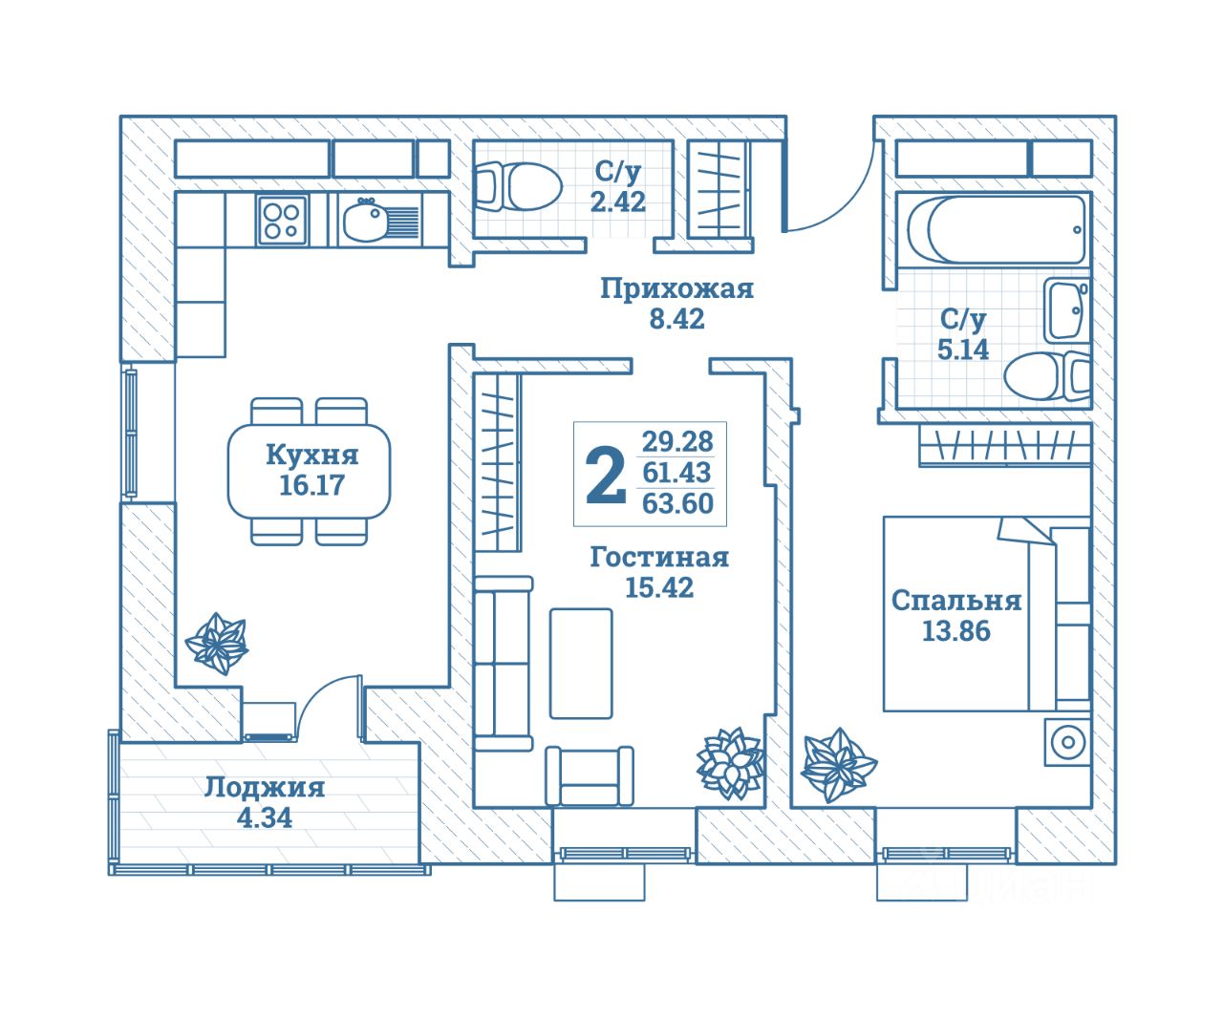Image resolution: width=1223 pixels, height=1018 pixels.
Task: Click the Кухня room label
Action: coord(311,454)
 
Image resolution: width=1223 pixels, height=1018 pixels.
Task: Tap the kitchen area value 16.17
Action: coord(311,485)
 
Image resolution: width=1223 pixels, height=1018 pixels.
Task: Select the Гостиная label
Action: coord(659,557)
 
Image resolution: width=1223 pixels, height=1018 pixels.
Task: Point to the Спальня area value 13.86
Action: coord(955,631)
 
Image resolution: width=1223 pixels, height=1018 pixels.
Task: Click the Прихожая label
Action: coord(676,288)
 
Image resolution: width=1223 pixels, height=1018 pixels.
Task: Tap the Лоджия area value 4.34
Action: coord(264,818)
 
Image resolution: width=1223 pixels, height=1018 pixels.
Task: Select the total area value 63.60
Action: coord(677,503)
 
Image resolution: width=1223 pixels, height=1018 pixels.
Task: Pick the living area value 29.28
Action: coord(677,441)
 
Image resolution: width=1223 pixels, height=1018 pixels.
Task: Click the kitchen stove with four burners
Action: coord(282,220)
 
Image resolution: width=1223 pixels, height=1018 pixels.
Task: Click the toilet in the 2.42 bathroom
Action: coord(518,185)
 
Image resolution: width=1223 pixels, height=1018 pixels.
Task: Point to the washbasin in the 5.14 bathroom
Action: coord(1066,310)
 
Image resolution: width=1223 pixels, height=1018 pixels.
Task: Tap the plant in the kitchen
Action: coord(216,644)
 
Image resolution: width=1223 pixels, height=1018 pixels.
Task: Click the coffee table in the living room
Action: coord(581,663)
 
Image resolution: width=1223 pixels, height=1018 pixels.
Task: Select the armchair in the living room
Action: coord(590,775)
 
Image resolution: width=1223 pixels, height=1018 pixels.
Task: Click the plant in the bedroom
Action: coord(837,764)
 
